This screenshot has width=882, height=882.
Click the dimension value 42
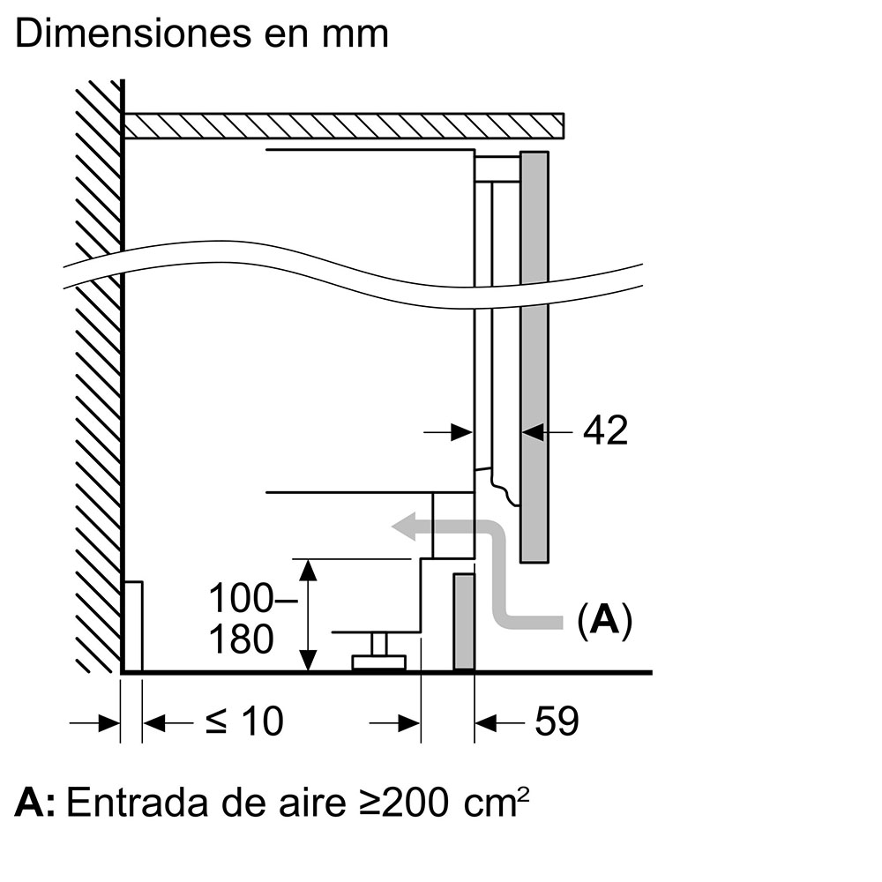[x=605, y=430]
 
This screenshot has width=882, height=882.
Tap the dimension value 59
[x=557, y=721]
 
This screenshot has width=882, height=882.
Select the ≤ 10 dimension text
[x=244, y=721]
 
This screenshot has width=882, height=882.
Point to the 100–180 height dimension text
[x=241, y=619]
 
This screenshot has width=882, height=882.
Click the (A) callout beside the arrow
[x=604, y=621]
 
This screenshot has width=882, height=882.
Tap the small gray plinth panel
[x=464, y=622]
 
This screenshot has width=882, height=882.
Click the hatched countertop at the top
[x=344, y=126]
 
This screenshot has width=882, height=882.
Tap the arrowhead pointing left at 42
[x=533, y=431]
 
